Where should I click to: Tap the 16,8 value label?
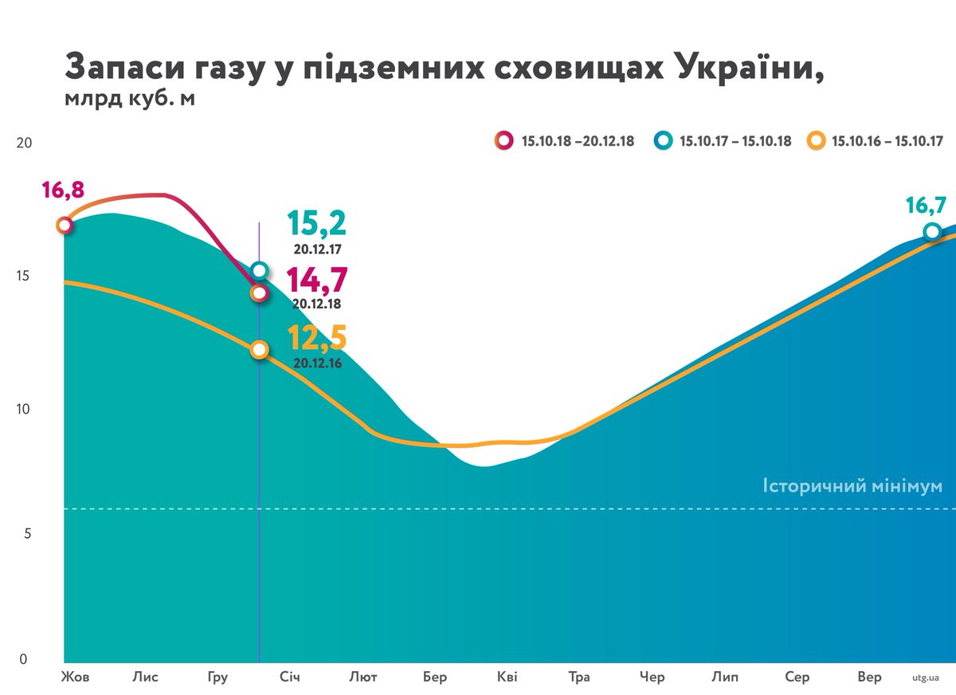62,191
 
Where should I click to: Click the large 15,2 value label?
316,225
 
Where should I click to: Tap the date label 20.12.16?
316,363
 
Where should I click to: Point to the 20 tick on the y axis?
24,143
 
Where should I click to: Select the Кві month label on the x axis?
507,677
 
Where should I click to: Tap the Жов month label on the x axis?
75,677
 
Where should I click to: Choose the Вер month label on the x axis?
869,677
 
